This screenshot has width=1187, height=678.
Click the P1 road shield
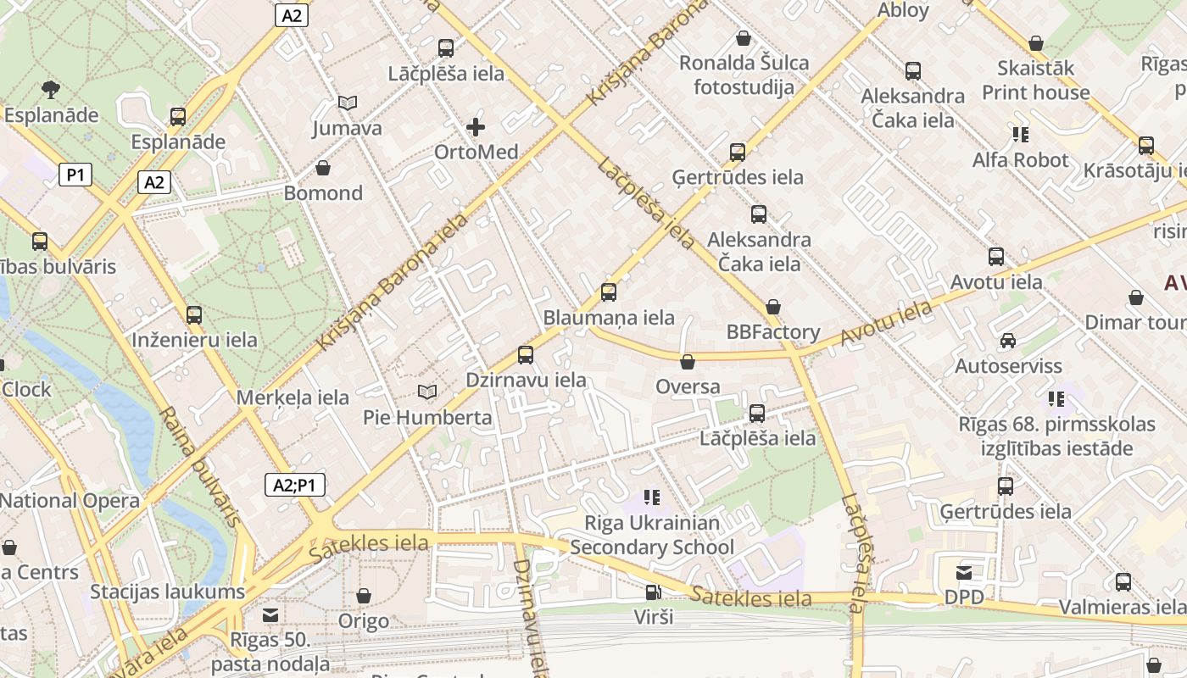click(75, 175)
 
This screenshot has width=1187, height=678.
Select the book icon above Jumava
click(347, 103)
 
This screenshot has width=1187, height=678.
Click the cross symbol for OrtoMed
click(476, 127)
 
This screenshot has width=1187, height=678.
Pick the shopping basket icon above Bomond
click(323, 168)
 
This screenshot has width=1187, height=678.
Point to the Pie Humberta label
click(427, 417)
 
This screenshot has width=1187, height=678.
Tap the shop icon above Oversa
click(688, 362)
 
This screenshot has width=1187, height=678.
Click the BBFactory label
click(773, 332)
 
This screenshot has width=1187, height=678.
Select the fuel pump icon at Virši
click(653, 592)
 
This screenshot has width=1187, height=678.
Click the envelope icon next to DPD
click(965, 573)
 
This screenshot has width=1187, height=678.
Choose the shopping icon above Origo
click(364, 596)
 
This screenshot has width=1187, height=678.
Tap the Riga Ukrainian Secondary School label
click(652, 535)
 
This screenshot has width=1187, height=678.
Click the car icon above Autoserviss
click(1008, 341)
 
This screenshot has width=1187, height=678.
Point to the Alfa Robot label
click(1020, 160)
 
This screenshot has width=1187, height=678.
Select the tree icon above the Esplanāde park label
click(51, 89)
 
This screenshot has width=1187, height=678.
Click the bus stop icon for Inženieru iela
click(194, 315)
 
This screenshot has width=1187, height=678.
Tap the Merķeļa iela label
click(293, 397)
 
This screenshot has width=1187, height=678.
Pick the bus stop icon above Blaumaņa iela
click(609, 292)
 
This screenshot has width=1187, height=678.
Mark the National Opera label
click(70, 500)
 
